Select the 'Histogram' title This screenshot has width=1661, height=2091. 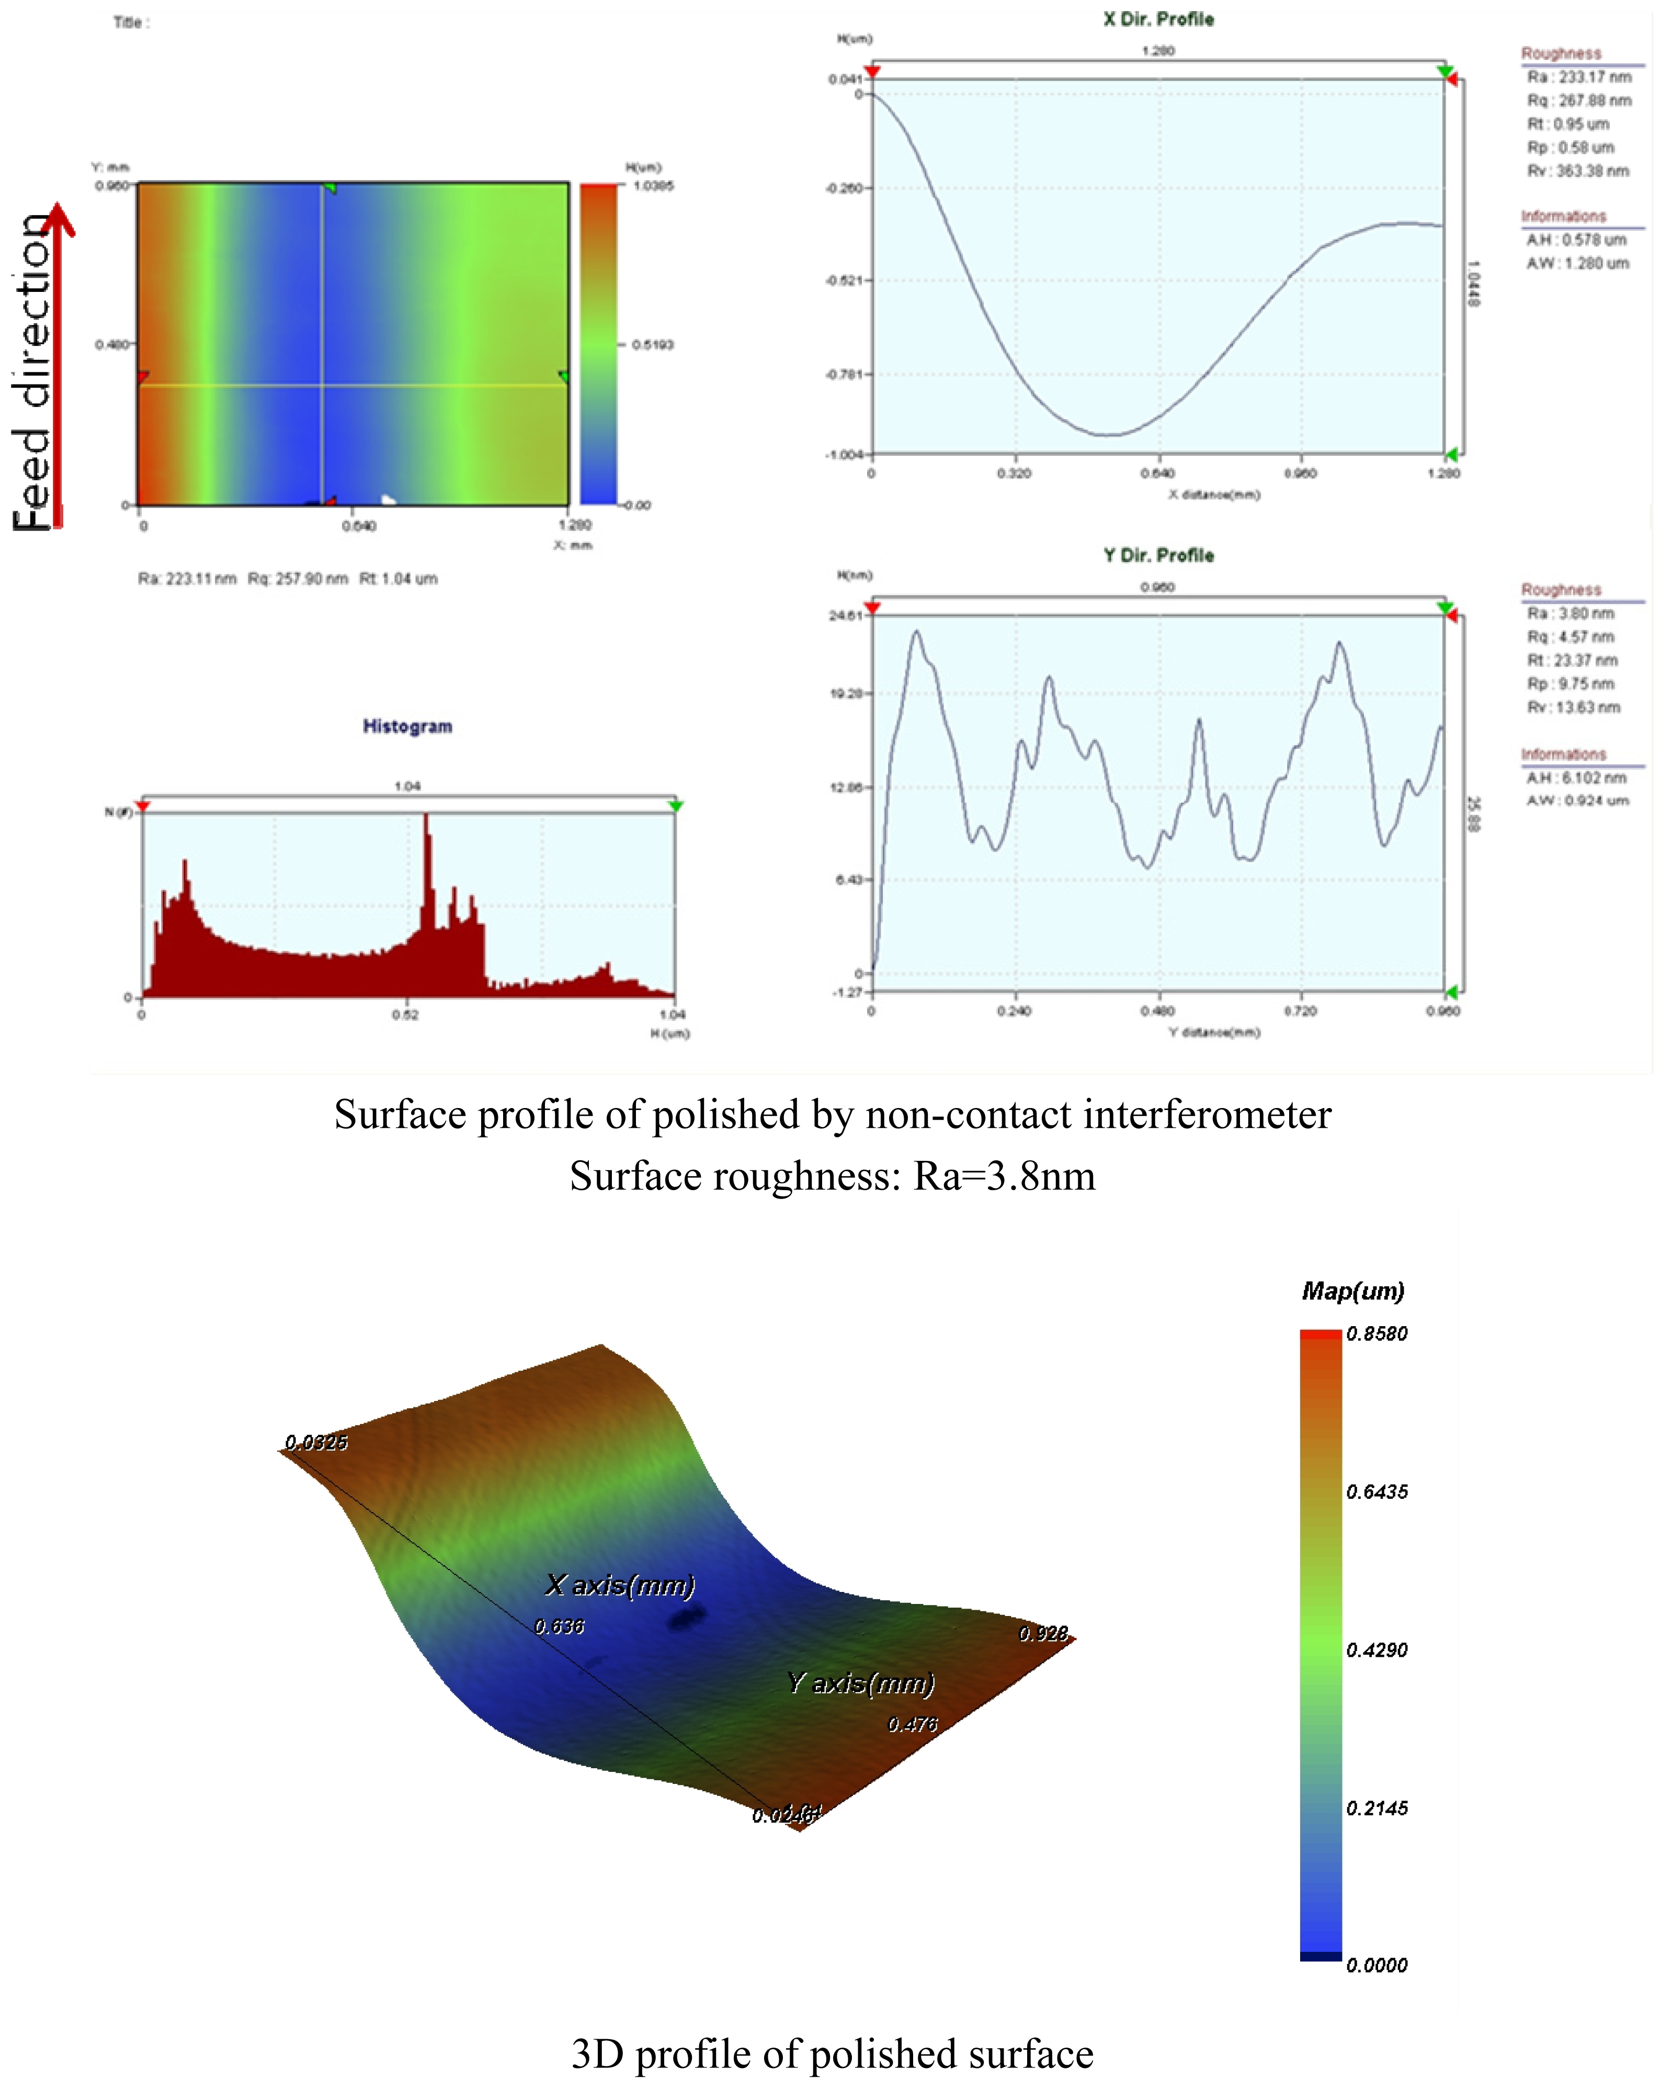[407, 727]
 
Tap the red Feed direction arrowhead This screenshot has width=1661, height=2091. [59, 218]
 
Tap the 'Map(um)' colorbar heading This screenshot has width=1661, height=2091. [1352, 1291]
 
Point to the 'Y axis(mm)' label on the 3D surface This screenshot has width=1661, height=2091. [861, 1683]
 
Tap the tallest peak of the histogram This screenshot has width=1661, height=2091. [427, 817]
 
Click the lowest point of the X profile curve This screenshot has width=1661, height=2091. [1106, 435]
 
